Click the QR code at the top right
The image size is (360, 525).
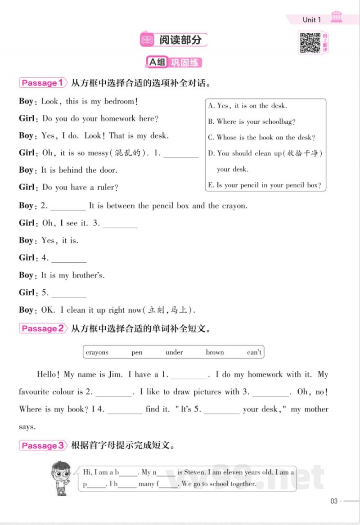click(310, 42)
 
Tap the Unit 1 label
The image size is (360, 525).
click(311, 19)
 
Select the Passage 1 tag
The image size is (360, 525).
click(42, 83)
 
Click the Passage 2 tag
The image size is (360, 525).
click(42, 328)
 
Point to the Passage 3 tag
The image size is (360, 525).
click(42, 446)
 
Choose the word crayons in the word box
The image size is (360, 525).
click(97, 352)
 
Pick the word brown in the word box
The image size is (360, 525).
click(215, 352)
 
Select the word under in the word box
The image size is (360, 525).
click(174, 352)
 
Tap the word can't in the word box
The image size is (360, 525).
click(254, 352)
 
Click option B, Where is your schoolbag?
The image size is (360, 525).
click(252, 121)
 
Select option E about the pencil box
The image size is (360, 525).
click(265, 185)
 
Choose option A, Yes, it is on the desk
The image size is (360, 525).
click(247, 106)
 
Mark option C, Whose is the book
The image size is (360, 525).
click(261, 137)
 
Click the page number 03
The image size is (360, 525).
click(334, 501)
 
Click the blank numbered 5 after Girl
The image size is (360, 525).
click(69, 293)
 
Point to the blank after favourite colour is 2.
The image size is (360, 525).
click(114, 392)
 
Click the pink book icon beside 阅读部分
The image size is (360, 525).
click(147, 40)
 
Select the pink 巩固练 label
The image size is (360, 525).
click(184, 63)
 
